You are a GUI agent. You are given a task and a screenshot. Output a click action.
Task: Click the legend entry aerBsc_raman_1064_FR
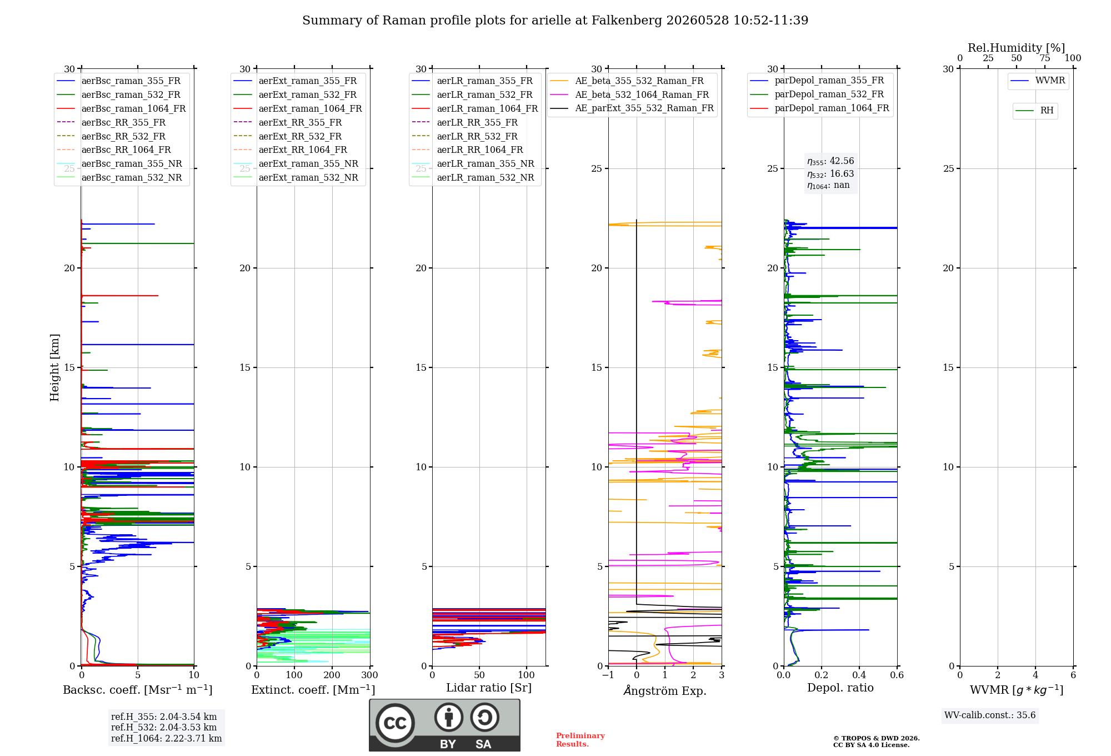121,108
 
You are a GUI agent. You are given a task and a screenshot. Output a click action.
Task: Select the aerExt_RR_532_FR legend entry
288,136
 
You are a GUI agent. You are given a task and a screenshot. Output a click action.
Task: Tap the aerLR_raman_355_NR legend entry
473,163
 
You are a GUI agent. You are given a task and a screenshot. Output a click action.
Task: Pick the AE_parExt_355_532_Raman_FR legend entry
632,108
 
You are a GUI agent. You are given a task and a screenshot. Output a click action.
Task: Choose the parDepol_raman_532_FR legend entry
817,94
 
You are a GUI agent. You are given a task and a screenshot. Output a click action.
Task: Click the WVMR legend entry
1038,81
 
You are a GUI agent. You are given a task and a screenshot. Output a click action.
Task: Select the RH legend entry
1034,111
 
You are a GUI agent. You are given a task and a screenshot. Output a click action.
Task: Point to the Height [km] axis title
54,367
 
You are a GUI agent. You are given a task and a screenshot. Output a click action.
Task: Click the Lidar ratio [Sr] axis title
489,688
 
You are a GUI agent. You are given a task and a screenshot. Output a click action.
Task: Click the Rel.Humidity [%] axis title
1017,48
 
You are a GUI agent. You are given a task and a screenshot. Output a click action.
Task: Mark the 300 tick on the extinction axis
369,675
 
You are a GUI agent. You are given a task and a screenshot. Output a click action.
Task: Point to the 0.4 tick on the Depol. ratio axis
859,675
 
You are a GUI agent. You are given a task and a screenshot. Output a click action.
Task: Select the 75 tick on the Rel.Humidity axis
1045,58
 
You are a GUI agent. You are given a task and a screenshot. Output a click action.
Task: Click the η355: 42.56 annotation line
830,161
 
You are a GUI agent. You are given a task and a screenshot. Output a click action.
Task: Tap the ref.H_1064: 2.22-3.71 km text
166,738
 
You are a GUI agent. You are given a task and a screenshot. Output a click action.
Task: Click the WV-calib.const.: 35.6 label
990,715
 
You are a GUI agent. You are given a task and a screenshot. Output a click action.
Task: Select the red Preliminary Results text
580,740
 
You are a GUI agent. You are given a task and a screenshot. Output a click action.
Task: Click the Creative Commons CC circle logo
395,723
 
